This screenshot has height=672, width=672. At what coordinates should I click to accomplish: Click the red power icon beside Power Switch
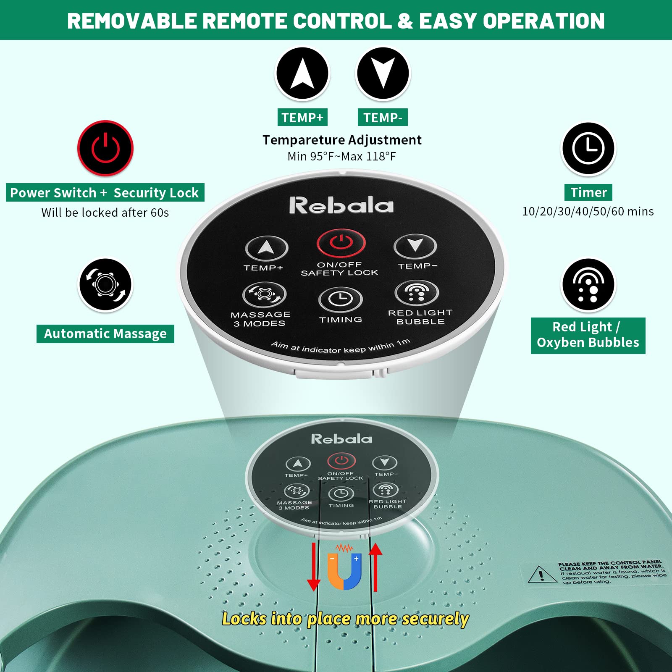[105, 148]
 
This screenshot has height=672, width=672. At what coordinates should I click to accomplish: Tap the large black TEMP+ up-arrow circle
[302, 73]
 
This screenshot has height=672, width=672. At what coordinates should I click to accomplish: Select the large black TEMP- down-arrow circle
[383, 73]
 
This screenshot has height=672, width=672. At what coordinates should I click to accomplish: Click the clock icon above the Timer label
[588, 148]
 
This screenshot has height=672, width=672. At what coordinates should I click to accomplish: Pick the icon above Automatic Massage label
[105, 285]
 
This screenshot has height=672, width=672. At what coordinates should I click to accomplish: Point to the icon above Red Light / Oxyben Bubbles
[588, 285]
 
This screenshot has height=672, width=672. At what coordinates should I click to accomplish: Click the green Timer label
[588, 192]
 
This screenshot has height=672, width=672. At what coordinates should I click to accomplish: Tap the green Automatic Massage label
[105, 334]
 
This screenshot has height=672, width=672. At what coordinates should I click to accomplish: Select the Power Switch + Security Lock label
[105, 193]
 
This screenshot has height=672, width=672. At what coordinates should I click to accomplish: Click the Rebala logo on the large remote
[341, 205]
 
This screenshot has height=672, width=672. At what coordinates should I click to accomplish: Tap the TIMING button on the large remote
[341, 299]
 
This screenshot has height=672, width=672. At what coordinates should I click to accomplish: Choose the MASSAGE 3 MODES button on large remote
[264, 294]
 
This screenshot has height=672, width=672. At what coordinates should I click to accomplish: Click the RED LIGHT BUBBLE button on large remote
[417, 292]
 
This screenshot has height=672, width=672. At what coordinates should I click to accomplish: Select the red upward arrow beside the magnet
[375, 567]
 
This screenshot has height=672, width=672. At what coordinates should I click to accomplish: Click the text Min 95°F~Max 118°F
[341, 157]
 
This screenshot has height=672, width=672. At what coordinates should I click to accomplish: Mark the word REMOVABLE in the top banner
[131, 21]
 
